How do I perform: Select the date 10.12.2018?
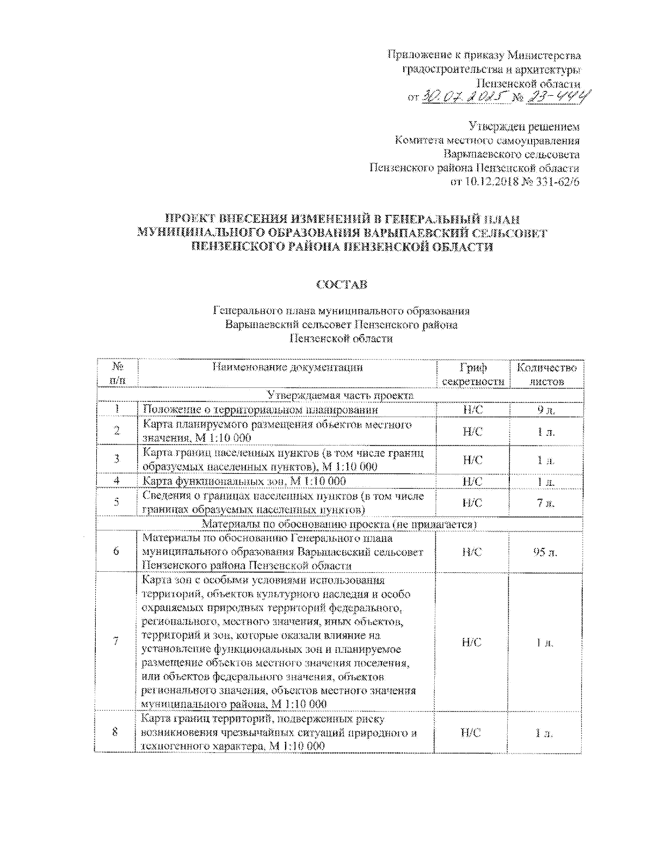(489, 182)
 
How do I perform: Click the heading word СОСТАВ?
(341, 285)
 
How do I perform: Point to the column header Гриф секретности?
(472, 374)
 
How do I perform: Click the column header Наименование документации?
(287, 367)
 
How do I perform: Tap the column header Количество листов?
(546, 374)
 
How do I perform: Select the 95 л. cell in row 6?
(545, 552)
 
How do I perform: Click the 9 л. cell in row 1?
(546, 410)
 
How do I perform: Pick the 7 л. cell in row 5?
(546, 503)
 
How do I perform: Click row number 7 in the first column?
(116, 641)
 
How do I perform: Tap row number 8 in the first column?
(115, 732)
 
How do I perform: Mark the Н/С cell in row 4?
(472, 481)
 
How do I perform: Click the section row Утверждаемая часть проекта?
(340, 396)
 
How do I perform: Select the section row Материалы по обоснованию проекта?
(340, 524)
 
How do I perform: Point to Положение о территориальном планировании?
(260, 410)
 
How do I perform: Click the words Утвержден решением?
(524, 127)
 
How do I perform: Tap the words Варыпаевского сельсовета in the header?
(511, 155)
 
